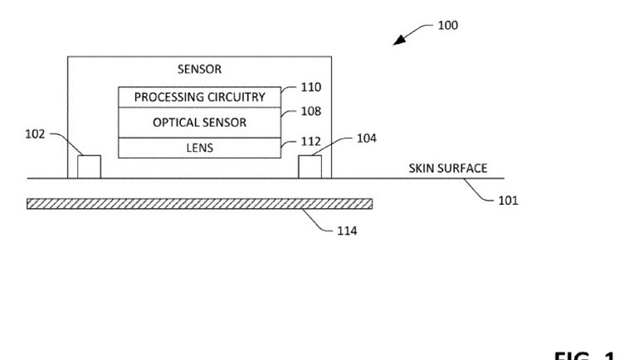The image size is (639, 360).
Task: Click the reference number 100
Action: point(447,26)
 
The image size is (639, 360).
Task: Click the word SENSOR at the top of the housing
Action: point(199,70)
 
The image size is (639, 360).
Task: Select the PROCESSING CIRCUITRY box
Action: point(199,97)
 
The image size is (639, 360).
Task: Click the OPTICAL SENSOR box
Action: point(199,122)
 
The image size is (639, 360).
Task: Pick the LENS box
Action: point(199,147)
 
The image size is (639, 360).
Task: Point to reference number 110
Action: point(310,87)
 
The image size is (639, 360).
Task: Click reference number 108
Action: point(310,110)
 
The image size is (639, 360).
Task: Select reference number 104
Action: point(366,139)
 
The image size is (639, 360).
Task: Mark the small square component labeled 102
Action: point(89,166)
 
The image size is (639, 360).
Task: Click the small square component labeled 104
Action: point(310,166)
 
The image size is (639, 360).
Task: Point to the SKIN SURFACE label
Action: point(447,168)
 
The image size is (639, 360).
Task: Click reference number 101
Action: point(507,200)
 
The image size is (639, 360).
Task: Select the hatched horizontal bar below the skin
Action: point(199,203)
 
